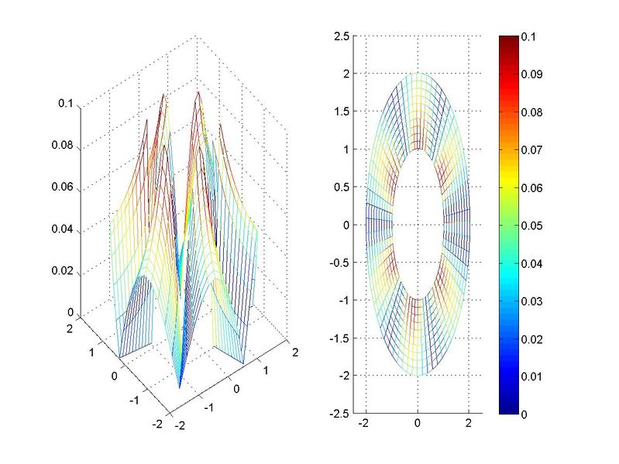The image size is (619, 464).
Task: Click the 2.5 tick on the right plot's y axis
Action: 341,36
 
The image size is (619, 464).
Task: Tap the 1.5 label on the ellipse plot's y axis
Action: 341,112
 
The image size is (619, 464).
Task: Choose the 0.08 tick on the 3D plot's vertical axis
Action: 67,145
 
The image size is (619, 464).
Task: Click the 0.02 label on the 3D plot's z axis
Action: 67,271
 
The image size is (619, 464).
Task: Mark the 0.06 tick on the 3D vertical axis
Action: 67,187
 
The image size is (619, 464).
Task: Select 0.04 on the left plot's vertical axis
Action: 67,229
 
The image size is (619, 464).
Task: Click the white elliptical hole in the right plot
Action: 418,225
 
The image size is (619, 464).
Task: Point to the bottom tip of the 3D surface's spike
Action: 179,388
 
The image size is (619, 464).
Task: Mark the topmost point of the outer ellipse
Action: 418,74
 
